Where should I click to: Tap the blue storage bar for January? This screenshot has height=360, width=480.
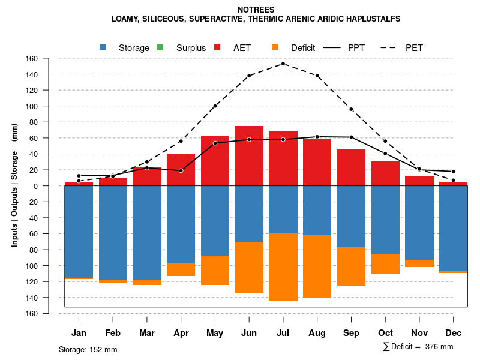79,232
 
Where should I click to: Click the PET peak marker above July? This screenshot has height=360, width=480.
283,64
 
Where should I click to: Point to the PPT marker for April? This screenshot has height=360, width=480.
181,171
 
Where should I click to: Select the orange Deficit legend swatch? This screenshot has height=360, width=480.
275,47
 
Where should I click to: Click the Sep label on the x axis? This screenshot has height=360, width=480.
351,333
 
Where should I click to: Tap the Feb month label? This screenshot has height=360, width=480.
113,333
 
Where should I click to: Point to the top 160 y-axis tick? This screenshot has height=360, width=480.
49,58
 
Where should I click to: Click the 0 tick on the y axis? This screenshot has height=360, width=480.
53,186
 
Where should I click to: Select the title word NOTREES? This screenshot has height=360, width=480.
256,10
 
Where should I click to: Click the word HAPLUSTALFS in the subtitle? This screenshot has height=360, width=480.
369,19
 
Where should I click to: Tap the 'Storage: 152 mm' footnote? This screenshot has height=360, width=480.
88,349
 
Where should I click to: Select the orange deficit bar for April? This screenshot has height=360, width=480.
181,269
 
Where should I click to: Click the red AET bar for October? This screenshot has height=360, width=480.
385,173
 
